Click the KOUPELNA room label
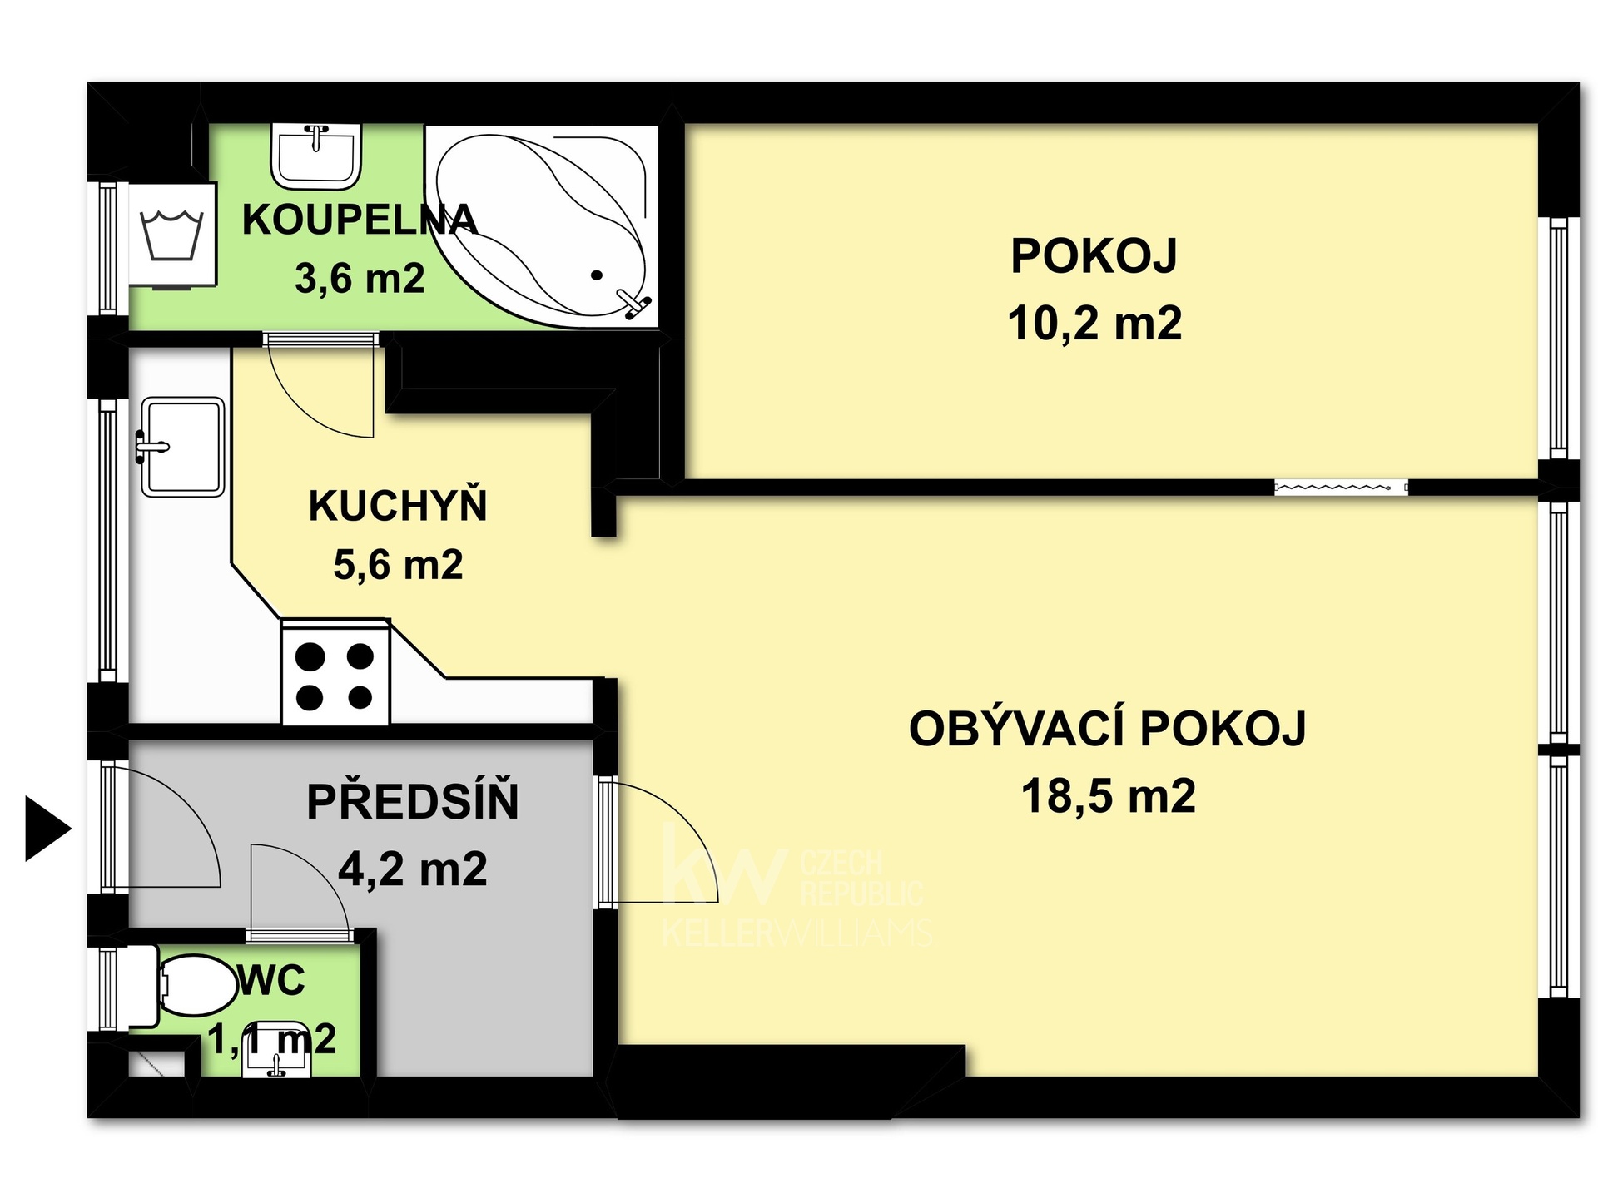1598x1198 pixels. click(359, 220)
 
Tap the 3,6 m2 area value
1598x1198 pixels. click(360, 279)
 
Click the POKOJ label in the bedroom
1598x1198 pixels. click(1094, 255)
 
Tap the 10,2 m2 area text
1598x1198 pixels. click(1094, 323)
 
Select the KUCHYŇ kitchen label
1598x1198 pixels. click(398, 506)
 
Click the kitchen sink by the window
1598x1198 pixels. click(182, 447)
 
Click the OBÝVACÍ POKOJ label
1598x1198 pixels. click(1107, 729)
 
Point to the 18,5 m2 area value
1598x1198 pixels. click(1108, 795)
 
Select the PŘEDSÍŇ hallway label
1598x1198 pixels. click(413, 802)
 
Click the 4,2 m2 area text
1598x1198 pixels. click(413, 869)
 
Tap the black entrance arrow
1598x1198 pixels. click(47, 829)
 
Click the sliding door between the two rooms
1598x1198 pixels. click(1340, 488)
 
